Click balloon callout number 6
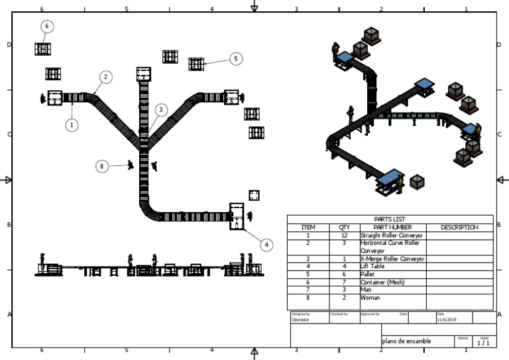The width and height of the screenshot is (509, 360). click(46, 26)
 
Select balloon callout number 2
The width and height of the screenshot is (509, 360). click(105, 77)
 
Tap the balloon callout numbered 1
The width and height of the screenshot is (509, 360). click(72, 124)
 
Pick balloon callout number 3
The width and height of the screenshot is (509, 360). click(160, 109)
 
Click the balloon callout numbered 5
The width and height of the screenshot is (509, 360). click(236, 59)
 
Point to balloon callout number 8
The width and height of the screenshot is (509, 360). click(101, 166)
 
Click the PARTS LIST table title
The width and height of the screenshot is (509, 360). click(390, 219)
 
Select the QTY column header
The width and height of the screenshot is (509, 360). click(345, 227)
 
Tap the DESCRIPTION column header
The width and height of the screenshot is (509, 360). click(459, 227)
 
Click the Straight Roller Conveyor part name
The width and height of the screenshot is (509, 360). click(392, 235)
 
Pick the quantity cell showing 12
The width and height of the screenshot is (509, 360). click(345, 235)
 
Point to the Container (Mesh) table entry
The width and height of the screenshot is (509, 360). click(382, 282)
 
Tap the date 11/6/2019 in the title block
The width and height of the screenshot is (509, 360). click(447, 320)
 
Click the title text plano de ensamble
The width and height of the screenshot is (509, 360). click(406, 341)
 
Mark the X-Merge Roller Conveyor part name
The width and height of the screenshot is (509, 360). click(392, 259)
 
